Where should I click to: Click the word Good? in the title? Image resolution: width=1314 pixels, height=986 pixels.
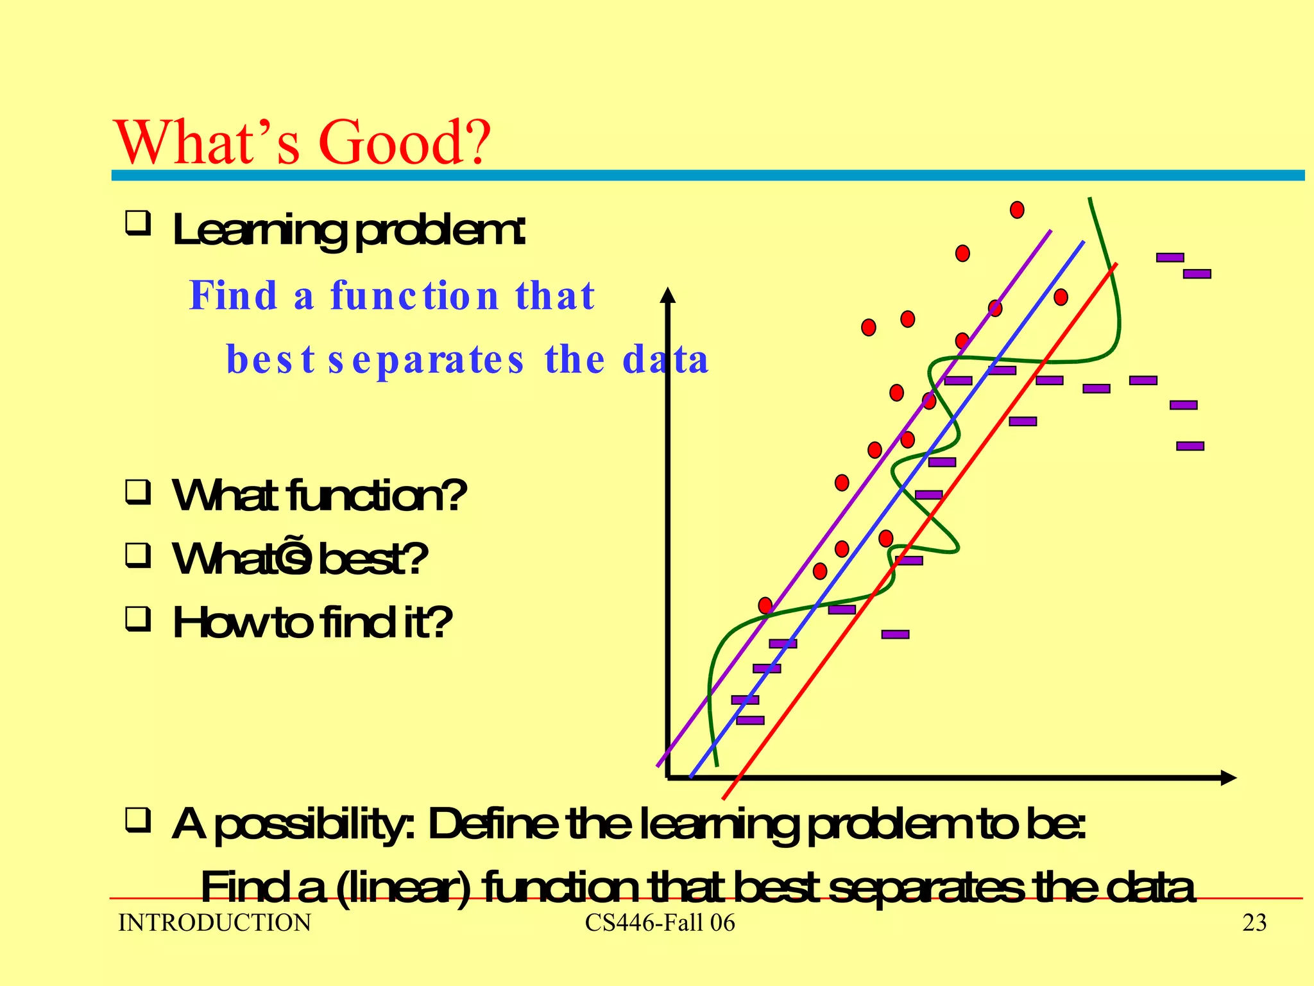[x=404, y=143]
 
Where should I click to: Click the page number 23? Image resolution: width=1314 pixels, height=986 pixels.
[x=1254, y=923]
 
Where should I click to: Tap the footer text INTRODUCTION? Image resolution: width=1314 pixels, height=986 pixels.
[x=215, y=923]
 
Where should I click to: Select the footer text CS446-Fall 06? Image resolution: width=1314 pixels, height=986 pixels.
[x=660, y=923]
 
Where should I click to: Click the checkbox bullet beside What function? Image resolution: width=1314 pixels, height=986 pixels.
[x=138, y=492]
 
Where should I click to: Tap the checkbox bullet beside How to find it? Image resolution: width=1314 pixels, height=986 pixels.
[x=138, y=619]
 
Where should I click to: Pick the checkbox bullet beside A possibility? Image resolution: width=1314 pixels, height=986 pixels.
[x=138, y=820]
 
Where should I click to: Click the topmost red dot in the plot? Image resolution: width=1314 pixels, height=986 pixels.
[x=1017, y=210]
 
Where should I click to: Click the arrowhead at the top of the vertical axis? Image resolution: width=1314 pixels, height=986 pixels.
[x=668, y=295]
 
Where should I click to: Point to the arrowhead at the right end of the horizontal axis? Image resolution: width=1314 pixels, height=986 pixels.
[x=1228, y=777]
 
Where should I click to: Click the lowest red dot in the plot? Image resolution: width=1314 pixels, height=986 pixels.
[x=765, y=605]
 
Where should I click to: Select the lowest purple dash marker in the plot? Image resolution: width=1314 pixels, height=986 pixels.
[x=750, y=720]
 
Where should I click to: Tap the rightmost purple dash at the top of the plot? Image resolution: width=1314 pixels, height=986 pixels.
[x=1197, y=274]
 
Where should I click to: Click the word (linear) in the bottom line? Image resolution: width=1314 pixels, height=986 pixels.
[x=402, y=888]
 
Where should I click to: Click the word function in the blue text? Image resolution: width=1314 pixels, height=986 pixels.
[x=414, y=295]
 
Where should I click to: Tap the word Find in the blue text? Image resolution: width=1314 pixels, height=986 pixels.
[x=233, y=295]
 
